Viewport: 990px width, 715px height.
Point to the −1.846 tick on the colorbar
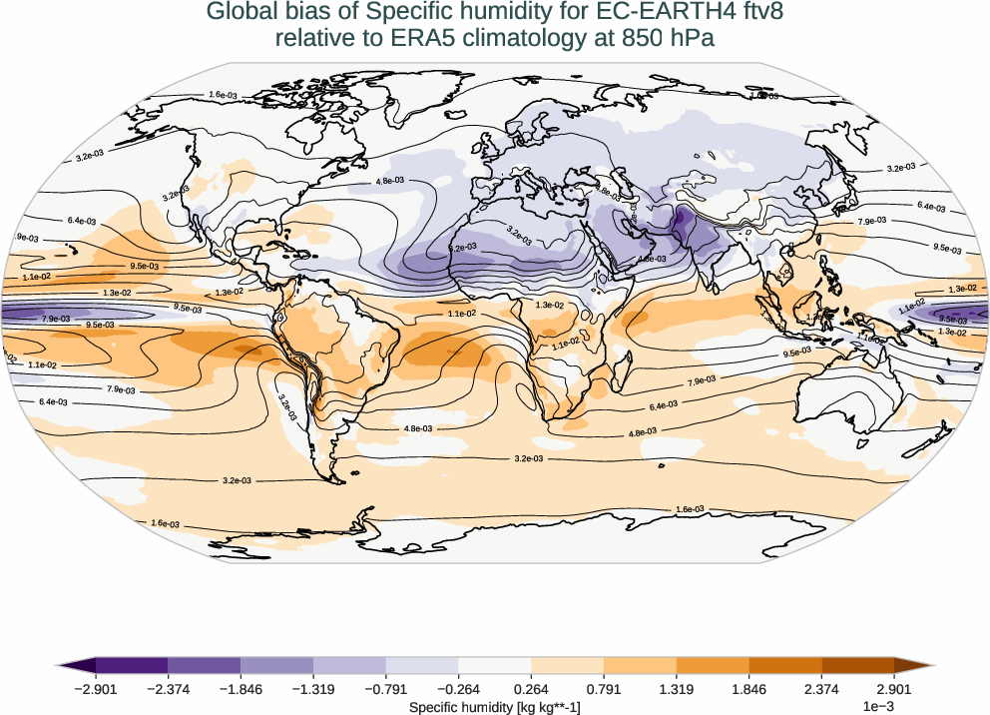(x=241, y=688)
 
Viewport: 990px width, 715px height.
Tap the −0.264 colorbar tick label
(x=458, y=688)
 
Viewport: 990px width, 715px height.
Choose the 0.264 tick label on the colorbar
(x=532, y=688)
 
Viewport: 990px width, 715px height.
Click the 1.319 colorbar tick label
(x=677, y=688)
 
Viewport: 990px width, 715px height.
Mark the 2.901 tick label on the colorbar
(x=895, y=688)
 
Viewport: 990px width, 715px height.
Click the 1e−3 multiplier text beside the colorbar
(x=877, y=706)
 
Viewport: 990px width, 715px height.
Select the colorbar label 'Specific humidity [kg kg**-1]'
(x=495, y=706)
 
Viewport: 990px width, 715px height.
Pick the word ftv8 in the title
(x=759, y=12)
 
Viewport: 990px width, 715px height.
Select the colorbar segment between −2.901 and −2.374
(x=132, y=664)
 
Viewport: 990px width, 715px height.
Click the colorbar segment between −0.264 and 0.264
(x=495, y=664)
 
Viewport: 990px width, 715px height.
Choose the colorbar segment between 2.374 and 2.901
(x=858, y=664)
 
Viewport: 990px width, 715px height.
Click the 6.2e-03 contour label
(x=462, y=247)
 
